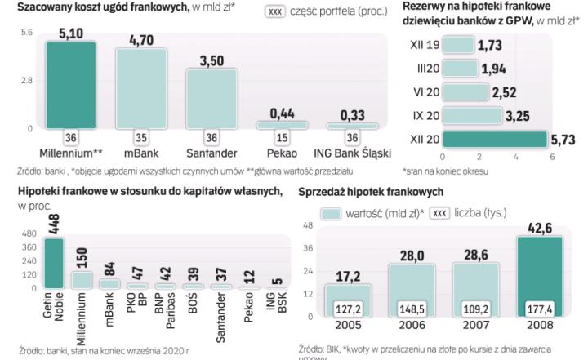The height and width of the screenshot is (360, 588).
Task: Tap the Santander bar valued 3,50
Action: click(212, 98)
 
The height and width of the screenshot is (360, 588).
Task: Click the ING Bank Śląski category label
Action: click(352, 153)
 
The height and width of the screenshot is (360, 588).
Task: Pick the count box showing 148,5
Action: click(412, 309)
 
